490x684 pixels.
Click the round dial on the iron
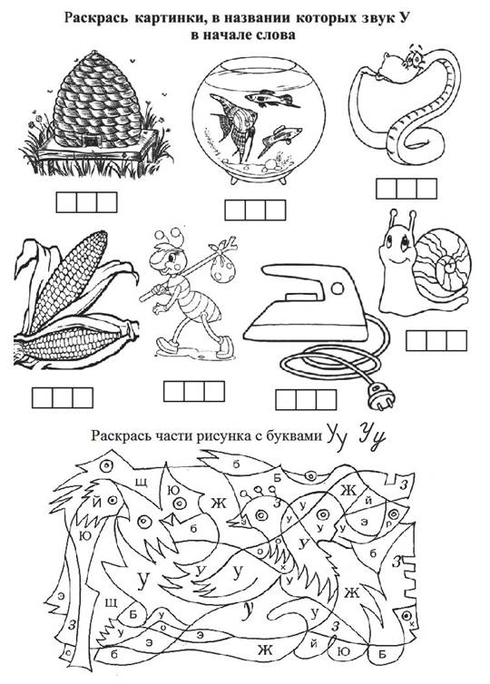pyautogui.click(x=338, y=288)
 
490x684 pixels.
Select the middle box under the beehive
pyautogui.click(x=86, y=202)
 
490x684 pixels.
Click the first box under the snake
pyautogui.click(x=386, y=189)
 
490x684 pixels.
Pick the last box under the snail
pyautogui.click(x=456, y=341)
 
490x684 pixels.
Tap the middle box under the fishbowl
pyautogui.click(x=255, y=210)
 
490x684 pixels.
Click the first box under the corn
pyautogui.click(x=43, y=398)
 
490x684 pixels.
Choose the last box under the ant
pyautogui.click(x=214, y=391)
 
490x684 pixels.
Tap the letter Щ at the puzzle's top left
pyautogui.click(x=141, y=483)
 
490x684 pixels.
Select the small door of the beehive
pyautogui.click(x=92, y=142)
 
